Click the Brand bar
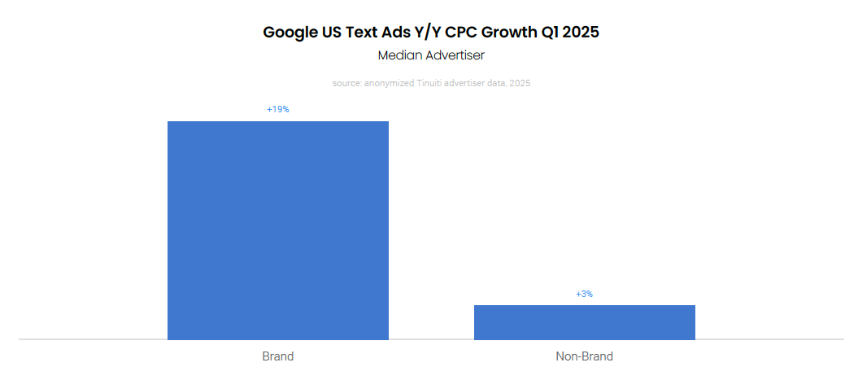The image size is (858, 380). pyautogui.click(x=278, y=230)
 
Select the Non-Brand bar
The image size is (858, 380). pyautogui.click(x=584, y=322)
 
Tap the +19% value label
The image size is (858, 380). pyautogui.click(x=278, y=109)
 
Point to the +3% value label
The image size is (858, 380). pyautogui.click(x=584, y=294)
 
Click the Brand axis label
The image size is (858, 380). pyautogui.click(x=278, y=356)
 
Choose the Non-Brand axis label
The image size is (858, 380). pyautogui.click(x=584, y=356)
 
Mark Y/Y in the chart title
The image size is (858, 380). pyautogui.click(x=412, y=33)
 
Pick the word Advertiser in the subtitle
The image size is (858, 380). pyautogui.click(x=456, y=56)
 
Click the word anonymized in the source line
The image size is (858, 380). pyautogui.click(x=386, y=83)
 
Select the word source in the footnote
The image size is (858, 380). pyautogui.click(x=346, y=83)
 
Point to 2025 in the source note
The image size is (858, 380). pyautogui.click(x=520, y=83)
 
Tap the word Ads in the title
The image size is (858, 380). pyautogui.click(x=381, y=33)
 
